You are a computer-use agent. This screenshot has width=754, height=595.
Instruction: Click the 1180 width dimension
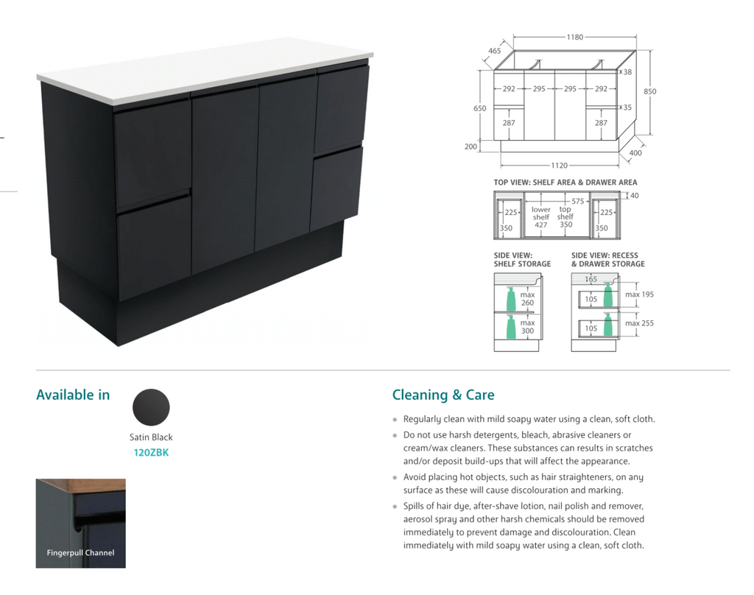tap(574, 37)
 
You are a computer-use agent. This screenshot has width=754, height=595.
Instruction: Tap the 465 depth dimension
tap(494, 51)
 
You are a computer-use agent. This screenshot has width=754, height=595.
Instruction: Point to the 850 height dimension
tap(649, 91)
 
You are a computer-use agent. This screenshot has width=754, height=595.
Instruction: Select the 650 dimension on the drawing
tap(479, 108)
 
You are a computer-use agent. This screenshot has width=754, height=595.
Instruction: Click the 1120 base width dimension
tap(560, 166)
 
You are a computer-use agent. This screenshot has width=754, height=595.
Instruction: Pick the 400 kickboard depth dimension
tap(635, 153)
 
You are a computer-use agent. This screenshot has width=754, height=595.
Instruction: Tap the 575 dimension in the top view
tap(577, 201)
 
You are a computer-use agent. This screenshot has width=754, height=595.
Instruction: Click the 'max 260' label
tap(527, 299)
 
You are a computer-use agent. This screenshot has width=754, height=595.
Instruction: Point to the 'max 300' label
tap(527, 327)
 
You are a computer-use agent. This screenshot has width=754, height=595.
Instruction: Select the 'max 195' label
tap(639, 295)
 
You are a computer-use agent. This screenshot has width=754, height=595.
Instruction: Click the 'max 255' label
tap(639, 323)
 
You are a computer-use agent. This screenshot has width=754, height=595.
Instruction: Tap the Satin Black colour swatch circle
tap(151, 407)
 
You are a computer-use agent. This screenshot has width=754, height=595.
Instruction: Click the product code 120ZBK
tap(151, 453)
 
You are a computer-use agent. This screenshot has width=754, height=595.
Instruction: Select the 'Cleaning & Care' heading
tap(443, 395)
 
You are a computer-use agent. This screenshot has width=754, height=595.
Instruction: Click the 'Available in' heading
tap(73, 395)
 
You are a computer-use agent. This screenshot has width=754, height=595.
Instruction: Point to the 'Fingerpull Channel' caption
tap(80, 553)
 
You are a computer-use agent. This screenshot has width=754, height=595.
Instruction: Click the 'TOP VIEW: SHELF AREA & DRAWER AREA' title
tap(565, 183)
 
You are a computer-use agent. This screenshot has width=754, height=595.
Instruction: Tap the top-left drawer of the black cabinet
tap(152, 153)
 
